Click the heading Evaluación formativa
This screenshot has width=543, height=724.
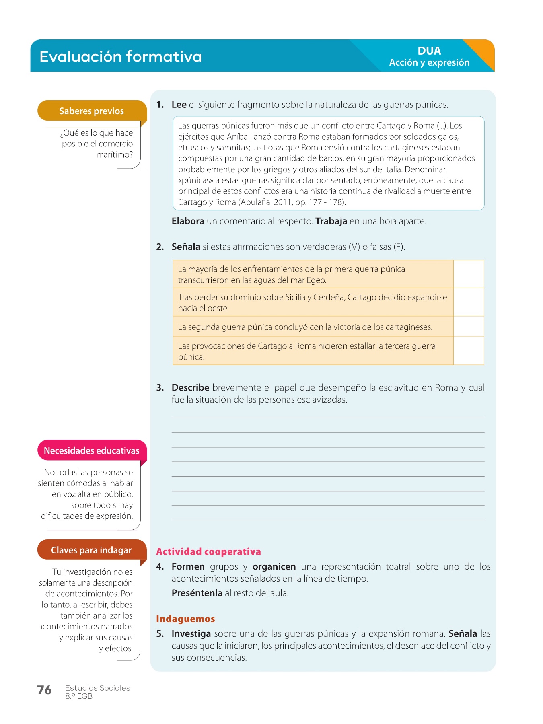120,56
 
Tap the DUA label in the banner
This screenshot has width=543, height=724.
429,51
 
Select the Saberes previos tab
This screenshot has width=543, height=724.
91,111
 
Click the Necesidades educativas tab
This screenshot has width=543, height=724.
91,450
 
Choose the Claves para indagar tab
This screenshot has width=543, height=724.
91,550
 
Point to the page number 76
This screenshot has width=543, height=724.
44,690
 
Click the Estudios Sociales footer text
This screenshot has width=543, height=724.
98,688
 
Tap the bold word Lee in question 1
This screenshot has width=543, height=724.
179,105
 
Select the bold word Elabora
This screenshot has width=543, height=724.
188,221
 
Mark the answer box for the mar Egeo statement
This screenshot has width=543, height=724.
469,274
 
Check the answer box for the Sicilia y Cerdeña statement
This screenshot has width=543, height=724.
469,302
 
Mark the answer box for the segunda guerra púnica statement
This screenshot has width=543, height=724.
469,327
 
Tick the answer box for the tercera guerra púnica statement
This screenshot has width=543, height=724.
469,351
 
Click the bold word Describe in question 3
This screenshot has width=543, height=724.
190,388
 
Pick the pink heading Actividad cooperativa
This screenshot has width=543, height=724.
208,552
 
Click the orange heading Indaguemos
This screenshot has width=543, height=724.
185,619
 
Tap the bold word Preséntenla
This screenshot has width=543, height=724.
197,593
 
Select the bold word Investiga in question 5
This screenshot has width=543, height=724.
191,634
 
